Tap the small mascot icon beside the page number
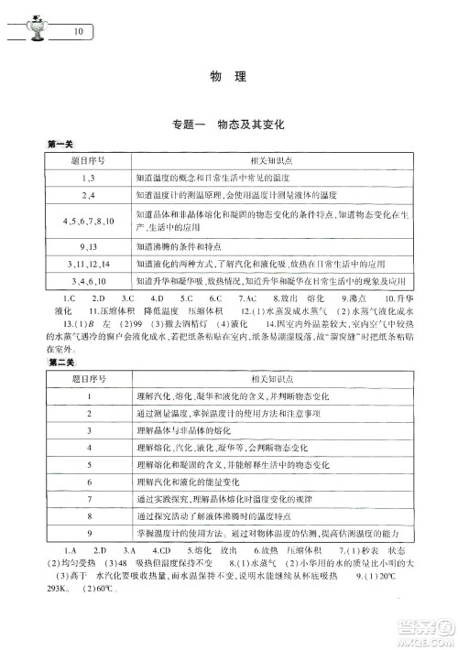[x=37, y=27]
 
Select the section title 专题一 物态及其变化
[x=229, y=125]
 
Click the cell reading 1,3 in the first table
[x=89, y=177]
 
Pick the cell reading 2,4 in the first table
[x=89, y=196]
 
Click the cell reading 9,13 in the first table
[x=89, y=246]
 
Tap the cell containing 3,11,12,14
[x=89, y=264]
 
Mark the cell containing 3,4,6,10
[x=89, y=280]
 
